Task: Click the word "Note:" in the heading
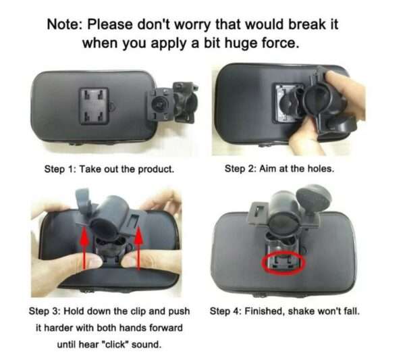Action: (65, 24)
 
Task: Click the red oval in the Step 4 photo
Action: (283, 263)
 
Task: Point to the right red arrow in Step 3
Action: (138, 248)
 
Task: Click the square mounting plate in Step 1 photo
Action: (94, 106)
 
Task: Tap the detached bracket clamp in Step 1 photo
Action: (171, 103)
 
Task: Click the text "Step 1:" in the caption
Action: (59, 170)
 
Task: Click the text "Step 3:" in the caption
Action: (44, 311)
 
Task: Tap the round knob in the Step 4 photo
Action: (314, 197)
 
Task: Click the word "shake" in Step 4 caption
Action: (300, 311)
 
